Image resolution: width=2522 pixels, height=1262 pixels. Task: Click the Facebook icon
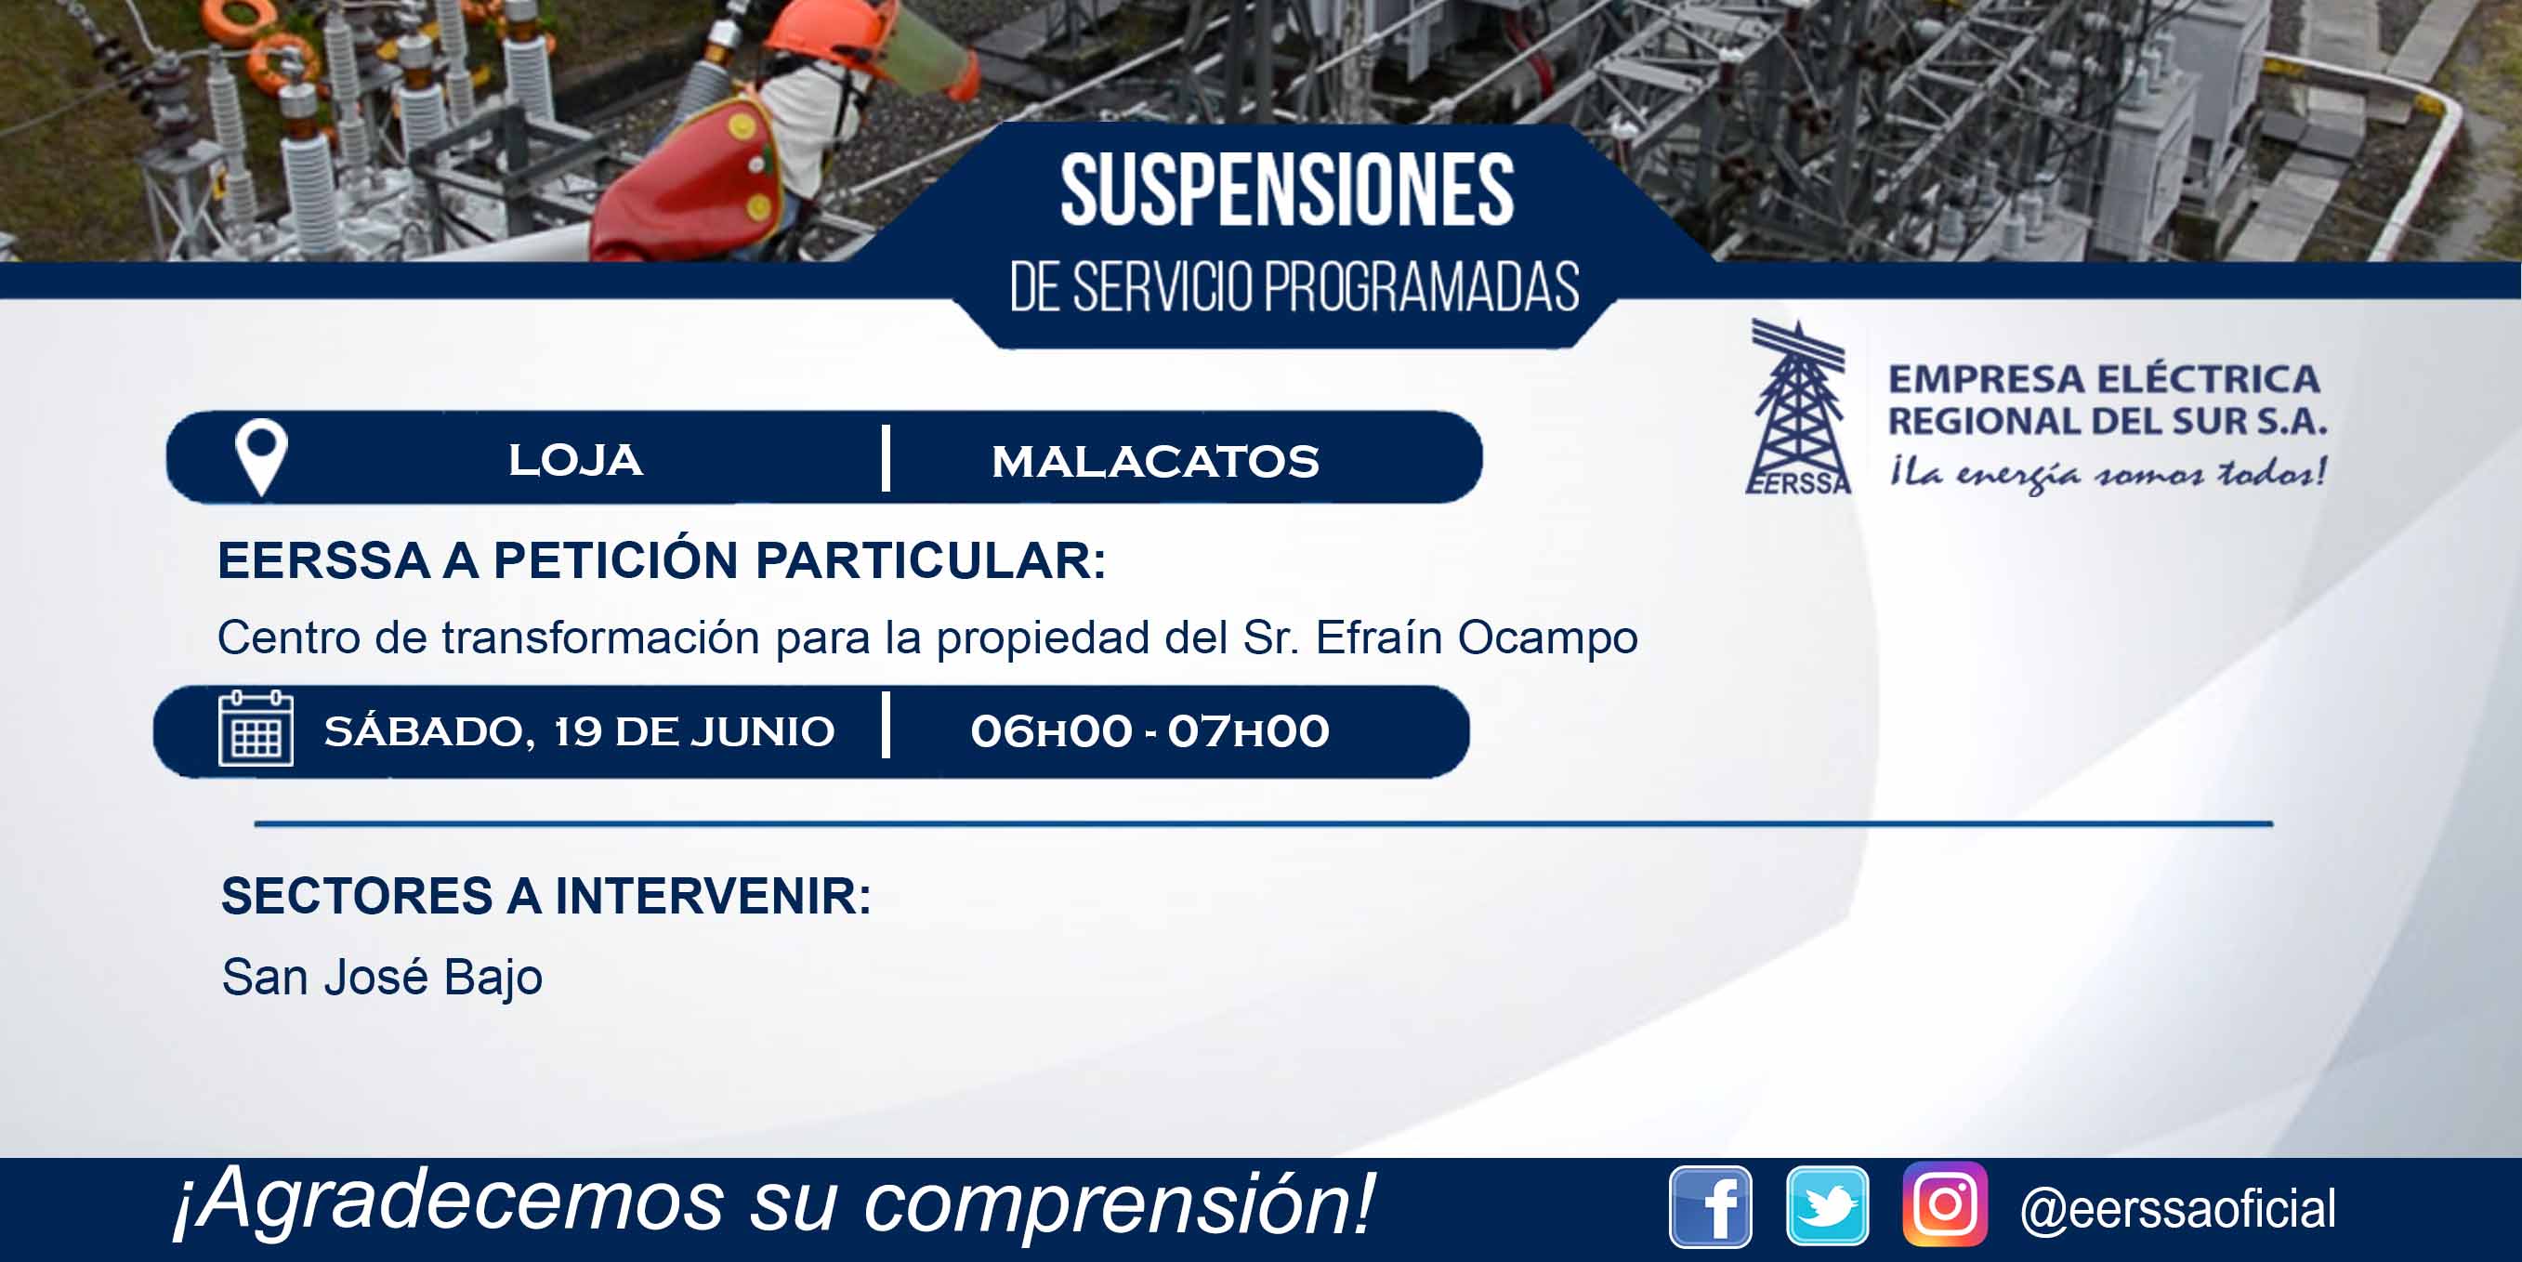tap(1711, 1207)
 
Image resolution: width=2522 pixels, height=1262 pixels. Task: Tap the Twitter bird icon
tap(1827, 1207)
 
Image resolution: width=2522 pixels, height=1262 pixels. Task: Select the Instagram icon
tap(1945, 1204)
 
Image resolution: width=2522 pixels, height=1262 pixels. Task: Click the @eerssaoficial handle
tap(2178, 1208)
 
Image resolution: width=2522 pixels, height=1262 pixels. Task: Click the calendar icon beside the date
tap(256, 730)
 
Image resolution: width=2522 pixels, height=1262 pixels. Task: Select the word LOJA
tap(576, 460)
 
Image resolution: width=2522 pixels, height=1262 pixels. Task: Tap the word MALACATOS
tap(1155, 461)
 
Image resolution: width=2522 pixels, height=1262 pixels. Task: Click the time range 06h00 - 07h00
tap(1149, 731)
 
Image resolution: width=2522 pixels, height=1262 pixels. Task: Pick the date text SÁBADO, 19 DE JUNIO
tap(580, 731)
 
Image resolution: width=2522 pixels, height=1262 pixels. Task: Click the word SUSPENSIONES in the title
tap(1287, 190)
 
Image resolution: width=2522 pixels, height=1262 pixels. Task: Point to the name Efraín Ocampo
tap(1477, 638)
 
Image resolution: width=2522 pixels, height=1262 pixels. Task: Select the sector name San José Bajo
tap(382, 977)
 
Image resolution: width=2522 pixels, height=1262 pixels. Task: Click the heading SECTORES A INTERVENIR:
tap(546, 897)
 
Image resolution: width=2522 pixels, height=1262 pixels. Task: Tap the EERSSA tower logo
tap(1799, 407)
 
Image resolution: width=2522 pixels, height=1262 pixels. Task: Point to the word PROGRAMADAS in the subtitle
tap(1421, 287)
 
